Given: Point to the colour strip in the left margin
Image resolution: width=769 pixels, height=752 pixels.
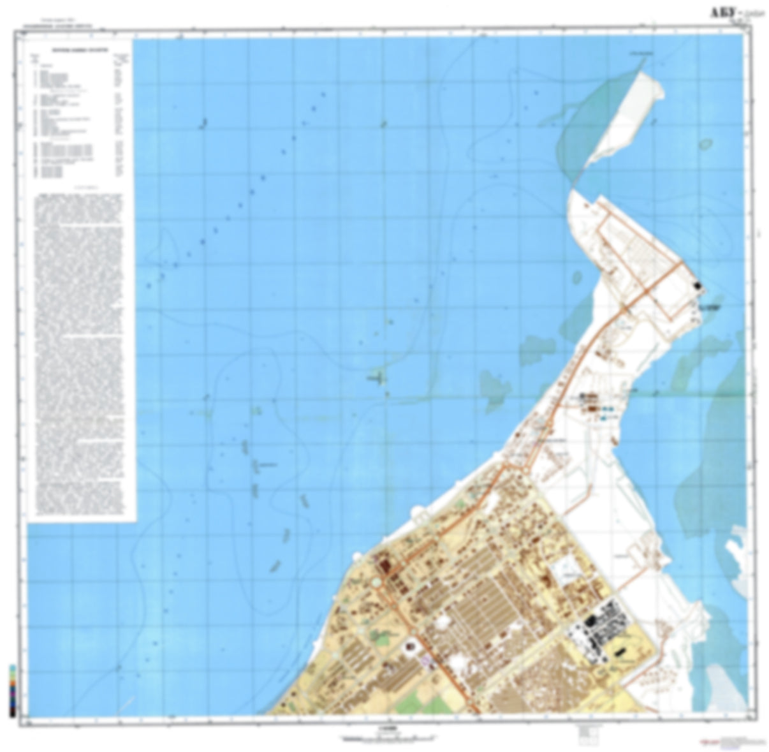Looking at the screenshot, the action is [13, 689].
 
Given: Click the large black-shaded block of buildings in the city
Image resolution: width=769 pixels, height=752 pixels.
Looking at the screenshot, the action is [599, 629].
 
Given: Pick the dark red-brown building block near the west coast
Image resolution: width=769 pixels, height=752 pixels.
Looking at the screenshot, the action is [384, 565].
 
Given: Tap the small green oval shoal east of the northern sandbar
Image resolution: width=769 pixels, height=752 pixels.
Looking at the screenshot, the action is [705, 144].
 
